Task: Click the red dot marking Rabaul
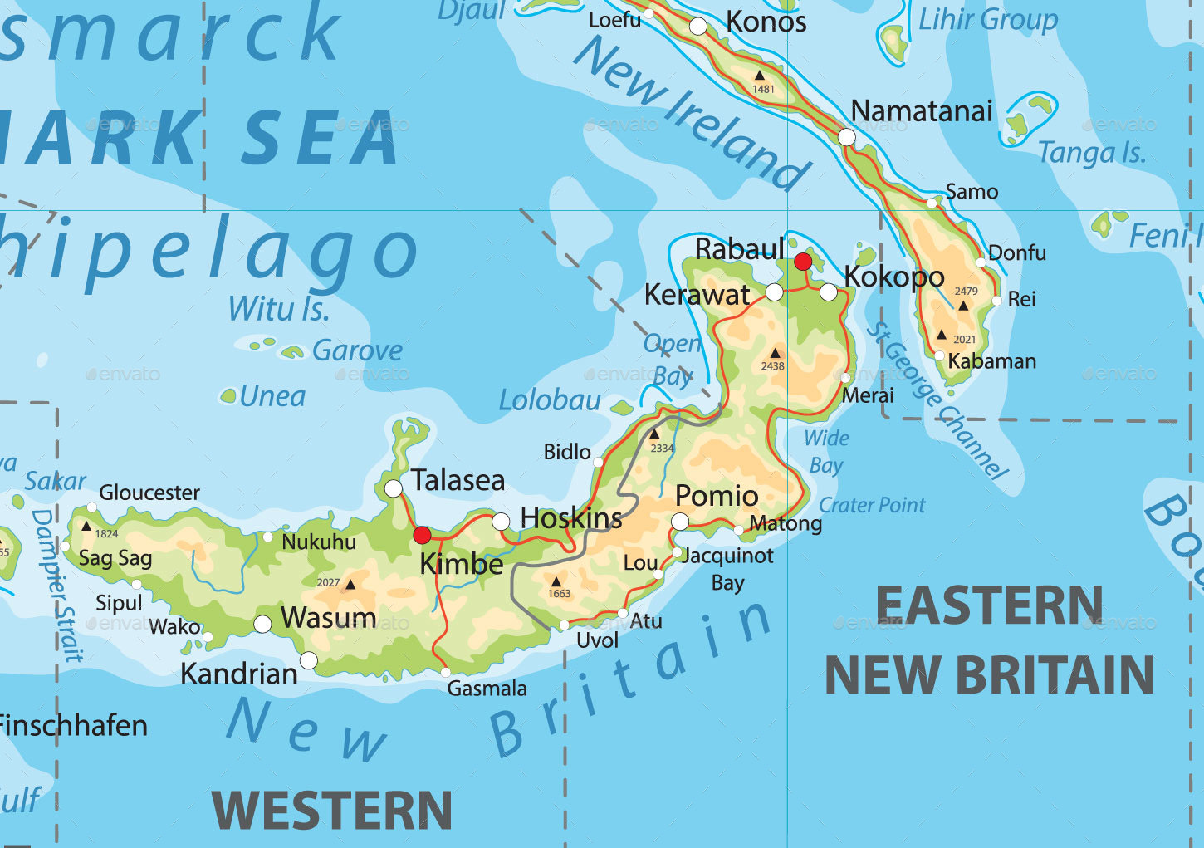click(x=803, y=262)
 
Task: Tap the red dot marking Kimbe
click(x=423, y=534)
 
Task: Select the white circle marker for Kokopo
click(x=829, y=292)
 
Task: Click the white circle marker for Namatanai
click(x=846, y=137)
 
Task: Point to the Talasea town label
click(x=458, y=480)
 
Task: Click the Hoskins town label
click(x=571, y=518)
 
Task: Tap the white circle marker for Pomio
click(x=680, y=522)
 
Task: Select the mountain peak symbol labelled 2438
click(x=775, y=353)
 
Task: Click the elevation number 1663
click(x=560, y=594)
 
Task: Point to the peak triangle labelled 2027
click(x=350, y=585)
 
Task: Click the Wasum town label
click(x=329, y=618)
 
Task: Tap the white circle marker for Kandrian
click(x=309, y=660)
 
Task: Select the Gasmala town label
click(x=487, y=689)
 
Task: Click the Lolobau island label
click(x=550, y=400)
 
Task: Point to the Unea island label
click(x=272, y=396)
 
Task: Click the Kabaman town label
click(x=992, y=361)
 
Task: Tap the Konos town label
click(x=766, y=22)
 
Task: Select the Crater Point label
click(x=872, y=505)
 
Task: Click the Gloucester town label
click(x=149, y=493)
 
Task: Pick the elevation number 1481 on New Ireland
click(x=763, y=89)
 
